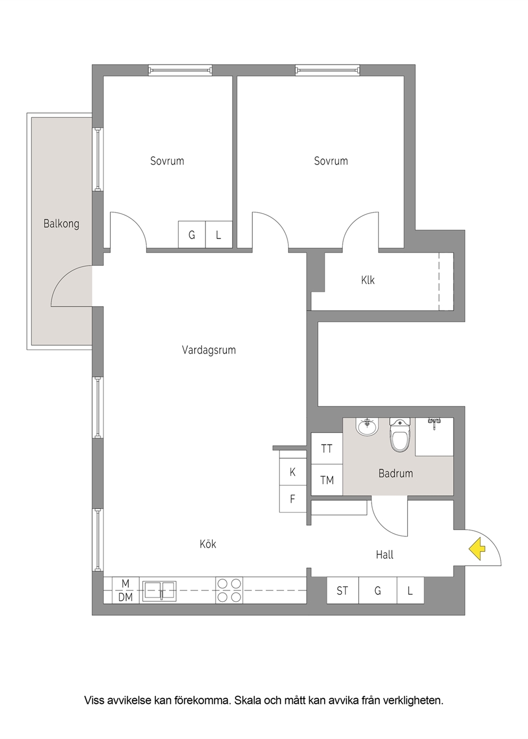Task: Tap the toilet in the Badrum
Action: pos(400,434)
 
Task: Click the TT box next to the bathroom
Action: pos(327,449)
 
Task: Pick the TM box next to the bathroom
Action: pos(327,480)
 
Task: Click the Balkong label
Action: pos(61,224)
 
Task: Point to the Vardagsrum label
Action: pos(209,350)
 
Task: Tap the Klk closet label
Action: pos(368,280)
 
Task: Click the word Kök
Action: pos(208,544)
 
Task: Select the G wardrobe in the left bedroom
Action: pos(192,234)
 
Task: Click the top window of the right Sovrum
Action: pos(327,70)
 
